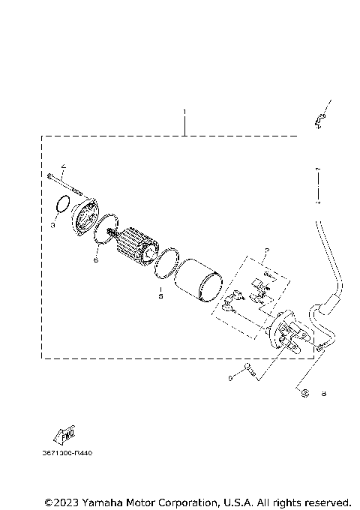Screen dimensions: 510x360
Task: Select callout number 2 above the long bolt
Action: [x=63, y=166]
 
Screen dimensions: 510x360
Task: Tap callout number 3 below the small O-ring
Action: [x=53, y=224]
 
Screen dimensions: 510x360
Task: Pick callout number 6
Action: [x=96, y=260]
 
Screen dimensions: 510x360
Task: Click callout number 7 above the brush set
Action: [x=265, y=251]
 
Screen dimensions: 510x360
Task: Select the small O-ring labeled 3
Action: [x=64, y=205]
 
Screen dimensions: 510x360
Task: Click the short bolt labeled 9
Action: [x=250, y=369]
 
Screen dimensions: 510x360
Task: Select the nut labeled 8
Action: [x=305, y=392]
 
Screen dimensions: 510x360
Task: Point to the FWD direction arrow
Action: [x=61, y=435]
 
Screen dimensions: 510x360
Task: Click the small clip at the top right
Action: [x=319, y=118]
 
